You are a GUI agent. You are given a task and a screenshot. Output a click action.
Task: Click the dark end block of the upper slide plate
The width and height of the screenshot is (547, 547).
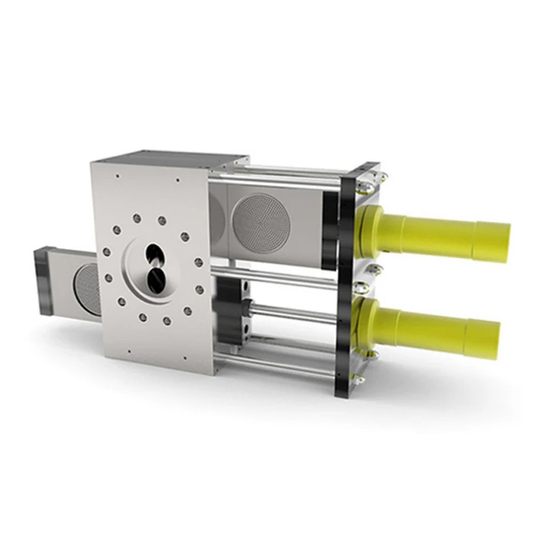pyautogui.click(x=330, y=218)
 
